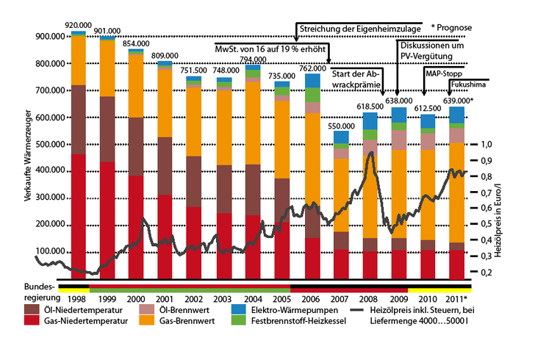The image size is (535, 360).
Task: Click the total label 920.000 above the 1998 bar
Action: (x=77, y=24)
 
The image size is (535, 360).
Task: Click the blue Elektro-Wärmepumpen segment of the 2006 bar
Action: (x=312, y=80)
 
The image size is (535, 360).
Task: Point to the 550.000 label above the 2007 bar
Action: (x=340, y=126)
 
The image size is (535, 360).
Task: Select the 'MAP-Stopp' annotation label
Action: (x=443, y=73)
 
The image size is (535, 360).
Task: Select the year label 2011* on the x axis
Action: (x=457, y=300)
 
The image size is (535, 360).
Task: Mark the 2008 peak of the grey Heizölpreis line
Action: (x=371, y=153)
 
